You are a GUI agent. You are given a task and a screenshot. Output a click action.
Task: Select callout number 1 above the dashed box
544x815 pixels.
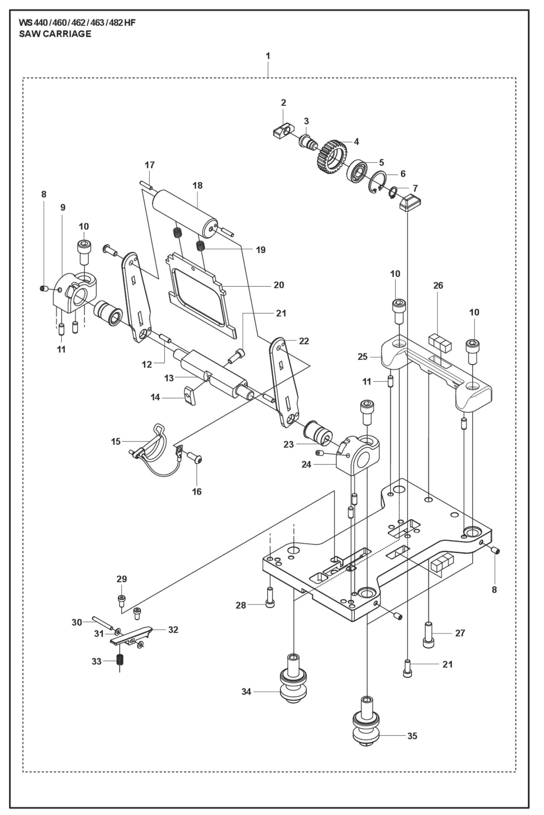click(x=268, y=56)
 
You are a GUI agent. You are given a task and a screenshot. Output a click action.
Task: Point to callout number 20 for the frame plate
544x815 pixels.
click(x=279, y=285)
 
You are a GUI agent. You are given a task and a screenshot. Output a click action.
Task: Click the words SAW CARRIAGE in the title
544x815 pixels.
click(x=55, y=34)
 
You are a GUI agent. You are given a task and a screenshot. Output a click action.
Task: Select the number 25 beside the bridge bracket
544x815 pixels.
click(x=362, y=356)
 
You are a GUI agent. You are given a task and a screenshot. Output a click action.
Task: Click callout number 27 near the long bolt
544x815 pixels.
click(x=460, y=633)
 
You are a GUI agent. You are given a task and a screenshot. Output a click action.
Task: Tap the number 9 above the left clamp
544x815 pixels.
click(x=62, y=207)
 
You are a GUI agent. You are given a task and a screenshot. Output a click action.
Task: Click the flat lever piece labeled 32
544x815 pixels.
click(x=132, y=634)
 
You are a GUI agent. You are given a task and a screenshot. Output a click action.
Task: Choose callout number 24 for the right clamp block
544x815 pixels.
click(x=306, y=465)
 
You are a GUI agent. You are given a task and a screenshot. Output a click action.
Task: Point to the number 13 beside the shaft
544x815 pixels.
click(x=169, y=378)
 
